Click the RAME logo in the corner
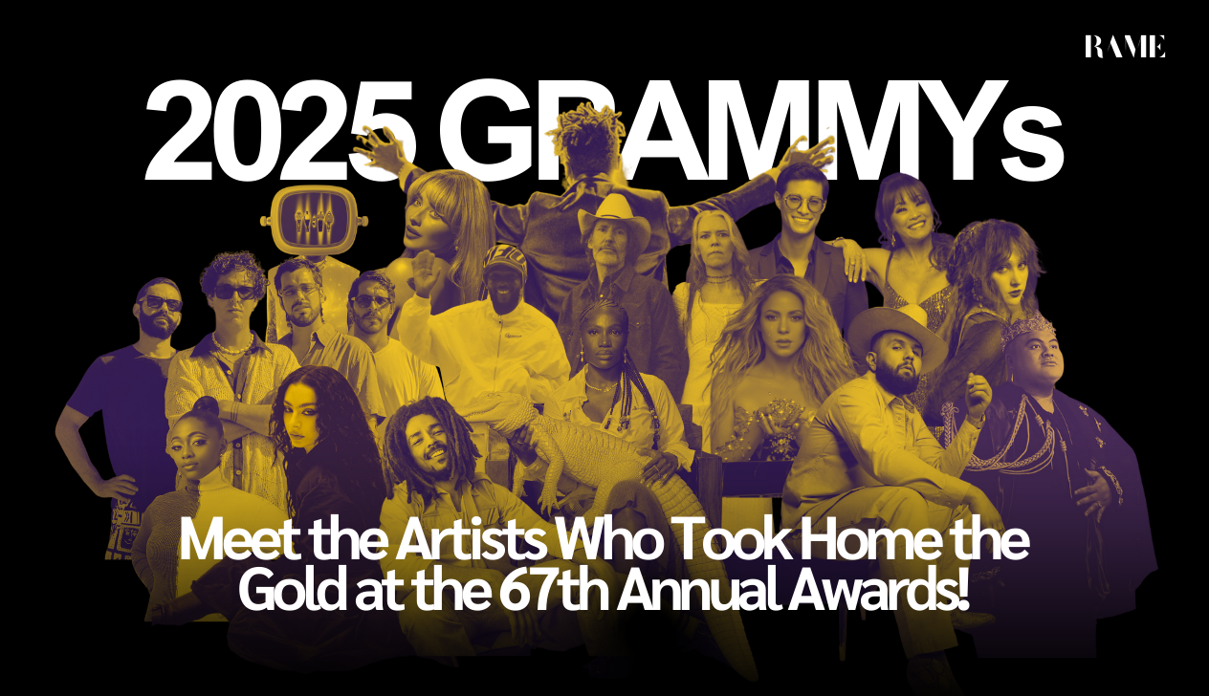1125,47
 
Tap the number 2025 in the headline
280,130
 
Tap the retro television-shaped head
315,221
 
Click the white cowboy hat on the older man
614,220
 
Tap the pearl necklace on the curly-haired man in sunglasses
232,343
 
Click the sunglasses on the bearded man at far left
161,303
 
